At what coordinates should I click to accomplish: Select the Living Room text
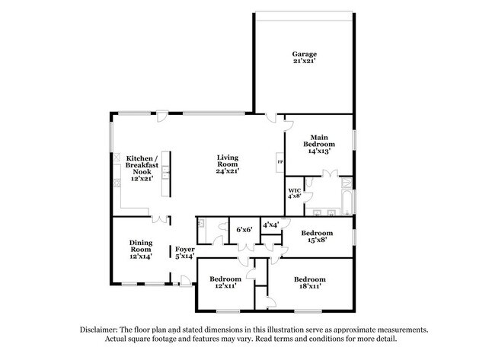pyautogui.click(x=228, y=161)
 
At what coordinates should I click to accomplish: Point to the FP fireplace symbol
pyautogui.click(x=279, y=162)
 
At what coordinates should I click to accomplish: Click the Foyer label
pyautogui.click(x=185, y=249)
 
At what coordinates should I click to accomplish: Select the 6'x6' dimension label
pyautogui.click(x=244, y=229)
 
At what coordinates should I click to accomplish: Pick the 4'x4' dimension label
pyautogui.click(x=270, y=225)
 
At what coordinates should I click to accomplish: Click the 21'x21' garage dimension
pyautogui.click(x=304, y=62)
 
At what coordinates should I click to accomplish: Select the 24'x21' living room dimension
pyautogui.click(x=228, y=172)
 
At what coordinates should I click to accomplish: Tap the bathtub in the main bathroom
pyautogui.click(x=346, y=203)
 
